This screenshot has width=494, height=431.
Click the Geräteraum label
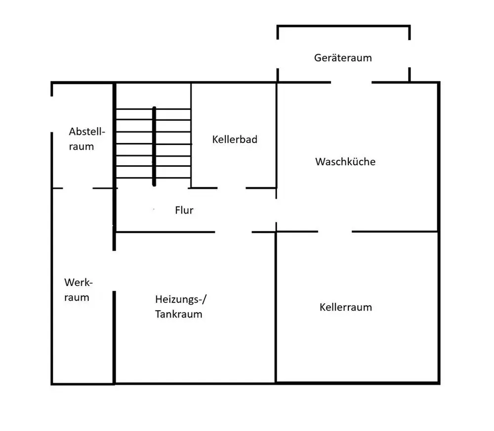click(343, 58)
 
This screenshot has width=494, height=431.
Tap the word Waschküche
click(345, 162)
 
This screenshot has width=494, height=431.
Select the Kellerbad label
click(235, 140)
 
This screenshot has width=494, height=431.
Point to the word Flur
click(184, 210)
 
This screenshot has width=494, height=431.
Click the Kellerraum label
click(346, 307)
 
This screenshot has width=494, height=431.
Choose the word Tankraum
click(179, 314)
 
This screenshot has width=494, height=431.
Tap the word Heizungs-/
click(181, 299)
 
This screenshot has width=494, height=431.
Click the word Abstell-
click(87, 132)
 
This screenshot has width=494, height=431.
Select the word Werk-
click(79, 283)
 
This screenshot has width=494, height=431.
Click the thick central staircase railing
click(154, 146)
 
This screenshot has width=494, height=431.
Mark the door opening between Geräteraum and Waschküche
click(351, 82)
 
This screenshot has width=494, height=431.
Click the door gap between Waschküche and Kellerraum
click(335, 232)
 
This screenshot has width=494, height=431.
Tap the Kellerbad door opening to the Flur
click(232, 188)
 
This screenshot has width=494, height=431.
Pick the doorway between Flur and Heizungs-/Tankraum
click(234, 232)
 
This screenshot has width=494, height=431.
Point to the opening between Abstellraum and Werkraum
click(78, 188)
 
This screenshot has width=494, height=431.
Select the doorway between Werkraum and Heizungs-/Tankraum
click(114, 271)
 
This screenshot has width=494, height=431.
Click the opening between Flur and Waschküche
click(276, 211)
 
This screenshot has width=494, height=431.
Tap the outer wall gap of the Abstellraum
click(52, 114)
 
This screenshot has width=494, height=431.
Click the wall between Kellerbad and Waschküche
click(277, 135)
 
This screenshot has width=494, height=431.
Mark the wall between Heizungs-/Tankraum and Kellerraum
click(276, 307)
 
